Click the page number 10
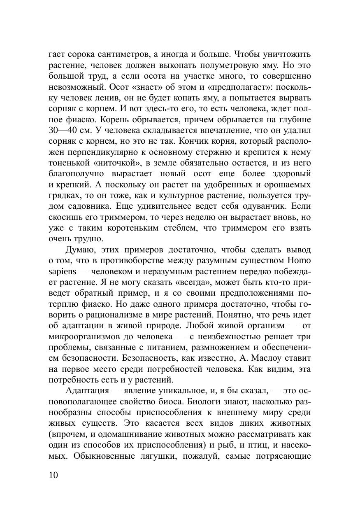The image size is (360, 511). (x=54, y=475)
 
